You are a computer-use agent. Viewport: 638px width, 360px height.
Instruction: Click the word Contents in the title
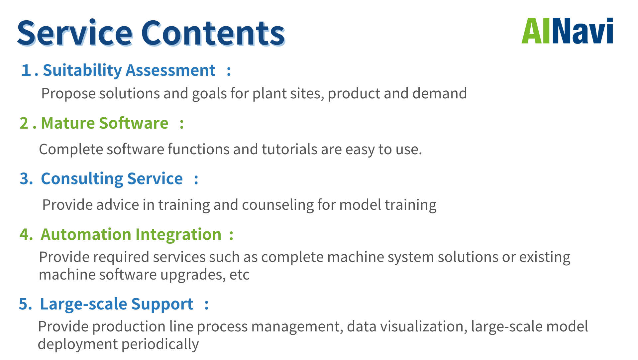click(x=213, y=33)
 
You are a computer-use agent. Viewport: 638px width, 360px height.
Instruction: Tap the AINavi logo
click(x=567, y=31)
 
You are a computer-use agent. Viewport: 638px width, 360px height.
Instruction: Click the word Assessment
click(x=171, y=70)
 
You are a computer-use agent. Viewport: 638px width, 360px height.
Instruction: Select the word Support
click(x=162, y=304)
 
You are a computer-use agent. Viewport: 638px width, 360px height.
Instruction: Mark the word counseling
click(x=277, y=205)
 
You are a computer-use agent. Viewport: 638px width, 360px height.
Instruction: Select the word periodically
click(x=160, y=344)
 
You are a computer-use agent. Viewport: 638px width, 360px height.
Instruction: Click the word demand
click(x=440, y=93)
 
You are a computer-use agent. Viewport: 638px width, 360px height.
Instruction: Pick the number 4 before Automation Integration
click(x=25, y=234)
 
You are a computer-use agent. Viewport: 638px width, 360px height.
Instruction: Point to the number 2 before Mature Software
click(x=24, y=123)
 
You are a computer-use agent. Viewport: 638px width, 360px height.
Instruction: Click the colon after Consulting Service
click(x=196, y=179)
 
